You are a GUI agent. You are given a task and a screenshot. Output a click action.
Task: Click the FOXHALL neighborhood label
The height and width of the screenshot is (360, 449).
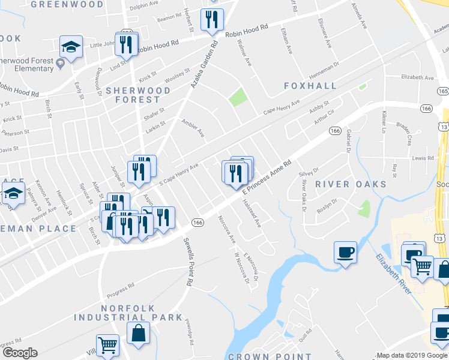pyautogui.click(x=310, y=86)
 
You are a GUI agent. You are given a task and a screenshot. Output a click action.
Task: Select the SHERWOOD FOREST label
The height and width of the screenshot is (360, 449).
pyautogui.click(x=138, y=95)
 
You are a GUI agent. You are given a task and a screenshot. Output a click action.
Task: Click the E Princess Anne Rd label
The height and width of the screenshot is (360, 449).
pyautogui.click(x=267, y=176)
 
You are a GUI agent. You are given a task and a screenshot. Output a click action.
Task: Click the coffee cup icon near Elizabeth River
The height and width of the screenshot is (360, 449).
pyautogui.click(x=345, y=252)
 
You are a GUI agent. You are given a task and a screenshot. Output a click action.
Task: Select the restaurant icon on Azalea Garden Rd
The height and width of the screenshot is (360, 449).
pyautogui.click(x=212, y=20)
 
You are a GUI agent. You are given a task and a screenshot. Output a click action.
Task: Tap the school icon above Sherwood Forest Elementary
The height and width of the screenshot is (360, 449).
pyautogui.click(x=71, y=47)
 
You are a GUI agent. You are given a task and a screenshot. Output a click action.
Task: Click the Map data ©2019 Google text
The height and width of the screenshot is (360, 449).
pyautogui.click(x=411, y=355)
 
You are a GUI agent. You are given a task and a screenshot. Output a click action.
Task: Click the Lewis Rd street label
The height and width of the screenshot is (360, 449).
pyautogui.click(x=423, y=158)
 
